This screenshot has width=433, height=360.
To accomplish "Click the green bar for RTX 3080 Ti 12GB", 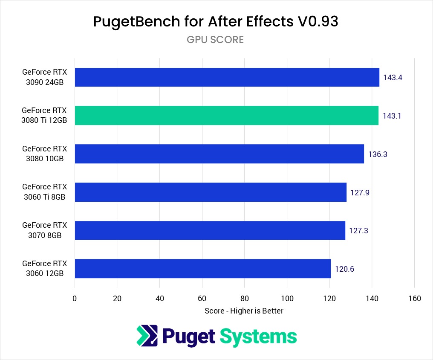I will tap(226, 116).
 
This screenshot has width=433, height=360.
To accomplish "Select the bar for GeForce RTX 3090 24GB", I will tap(227, 77).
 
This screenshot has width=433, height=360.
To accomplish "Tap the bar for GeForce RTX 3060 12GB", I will tap(202, 269).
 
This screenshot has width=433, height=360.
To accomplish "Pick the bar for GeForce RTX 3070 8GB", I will tap(210, 230).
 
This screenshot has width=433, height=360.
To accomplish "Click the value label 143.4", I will tap(393, 78).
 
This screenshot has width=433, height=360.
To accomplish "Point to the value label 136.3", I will tap(378, 154).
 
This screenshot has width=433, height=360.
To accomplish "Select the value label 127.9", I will tap(360, 192).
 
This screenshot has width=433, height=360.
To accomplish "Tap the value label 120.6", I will tap(344, 269).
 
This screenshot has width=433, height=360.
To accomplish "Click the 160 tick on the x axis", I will tap(414, 299).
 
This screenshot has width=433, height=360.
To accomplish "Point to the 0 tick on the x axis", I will tap(75, 299).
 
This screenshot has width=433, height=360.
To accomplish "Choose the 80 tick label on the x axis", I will tap(245, 299).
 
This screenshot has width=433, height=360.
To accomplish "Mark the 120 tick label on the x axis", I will tap(329, 299).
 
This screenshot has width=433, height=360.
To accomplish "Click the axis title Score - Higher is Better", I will tap(244, 311).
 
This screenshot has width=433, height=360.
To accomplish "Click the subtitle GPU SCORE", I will tap(215, 40).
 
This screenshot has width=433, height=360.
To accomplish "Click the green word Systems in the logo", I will tap(258, 336).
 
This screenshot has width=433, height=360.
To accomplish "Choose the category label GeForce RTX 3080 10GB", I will tap(44, 154).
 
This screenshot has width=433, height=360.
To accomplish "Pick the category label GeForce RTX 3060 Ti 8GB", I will tap(44, 192).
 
